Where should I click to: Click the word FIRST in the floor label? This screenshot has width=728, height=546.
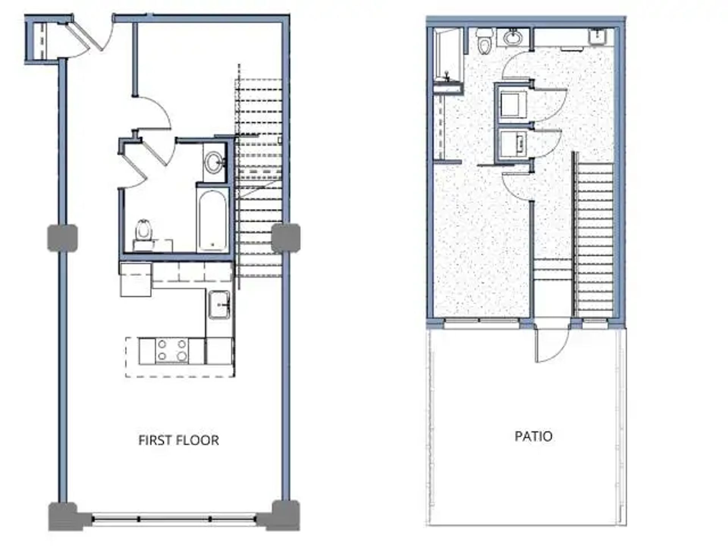click(152, 440)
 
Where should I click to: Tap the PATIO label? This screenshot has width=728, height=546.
click(533, 436)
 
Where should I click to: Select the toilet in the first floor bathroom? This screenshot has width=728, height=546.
click(144, 230)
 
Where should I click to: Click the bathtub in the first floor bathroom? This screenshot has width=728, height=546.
click(213, 220)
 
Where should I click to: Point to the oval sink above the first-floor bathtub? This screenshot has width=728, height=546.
click(214, 162)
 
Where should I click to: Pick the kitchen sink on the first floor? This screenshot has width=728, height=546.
click(219, 304)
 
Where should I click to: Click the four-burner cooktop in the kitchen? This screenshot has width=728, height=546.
click(172, 350)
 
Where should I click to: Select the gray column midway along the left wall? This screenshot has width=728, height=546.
click(63, 238)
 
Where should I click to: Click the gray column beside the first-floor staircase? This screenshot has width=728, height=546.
click(286, 238)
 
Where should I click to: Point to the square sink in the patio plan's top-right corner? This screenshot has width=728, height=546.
click(598, 37)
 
